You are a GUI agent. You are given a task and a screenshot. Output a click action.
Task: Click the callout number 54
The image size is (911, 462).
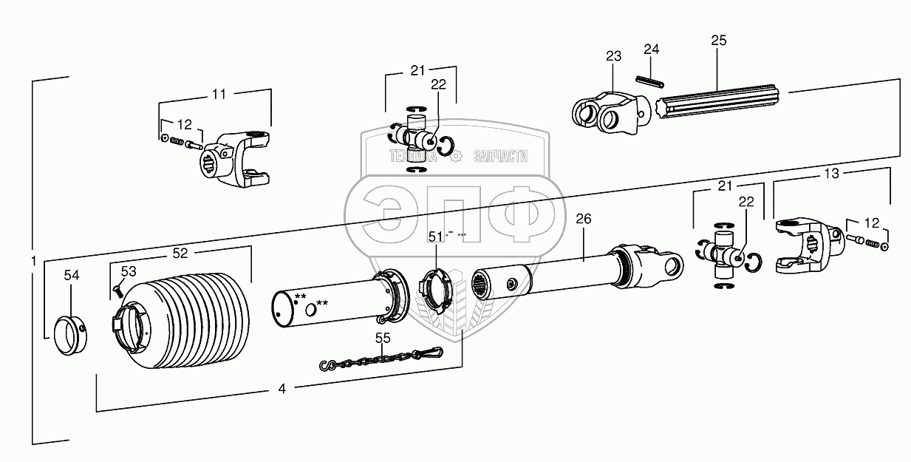71,275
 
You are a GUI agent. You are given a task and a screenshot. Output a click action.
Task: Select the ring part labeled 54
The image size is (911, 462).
69,336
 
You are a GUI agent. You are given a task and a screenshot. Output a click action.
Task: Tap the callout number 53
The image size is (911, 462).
129,271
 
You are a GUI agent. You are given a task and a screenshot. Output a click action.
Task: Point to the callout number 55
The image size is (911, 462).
382,338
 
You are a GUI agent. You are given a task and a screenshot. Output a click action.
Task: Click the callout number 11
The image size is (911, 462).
219,94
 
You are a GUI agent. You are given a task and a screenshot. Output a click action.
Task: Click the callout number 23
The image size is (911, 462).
614,56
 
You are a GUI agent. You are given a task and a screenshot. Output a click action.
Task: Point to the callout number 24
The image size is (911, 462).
651,50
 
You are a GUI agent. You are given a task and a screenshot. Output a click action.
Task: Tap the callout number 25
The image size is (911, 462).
719,40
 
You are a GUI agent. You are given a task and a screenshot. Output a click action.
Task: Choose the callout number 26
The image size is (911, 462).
583,218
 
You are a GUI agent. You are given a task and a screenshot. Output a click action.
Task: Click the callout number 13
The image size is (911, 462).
831,173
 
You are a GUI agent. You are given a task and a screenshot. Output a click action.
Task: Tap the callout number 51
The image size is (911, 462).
436,237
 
